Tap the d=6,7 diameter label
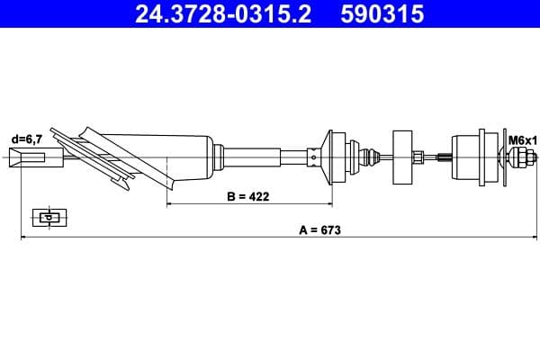point(26,139)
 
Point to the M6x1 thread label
point(522,140)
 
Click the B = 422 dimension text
point(247,195)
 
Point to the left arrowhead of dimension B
point(171,204)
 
